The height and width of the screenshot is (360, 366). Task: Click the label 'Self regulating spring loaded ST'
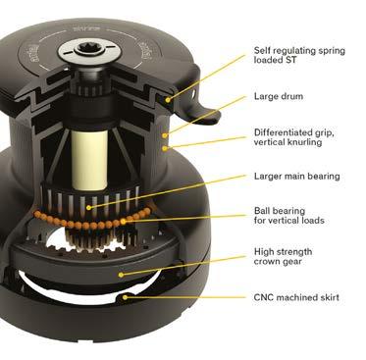(299, 55)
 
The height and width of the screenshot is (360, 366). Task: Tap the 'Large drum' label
(279, 96)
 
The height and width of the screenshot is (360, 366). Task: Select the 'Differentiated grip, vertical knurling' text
(294, 137)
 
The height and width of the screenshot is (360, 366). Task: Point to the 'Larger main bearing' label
(297, 177)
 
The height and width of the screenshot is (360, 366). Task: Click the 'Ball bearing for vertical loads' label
(289, 216)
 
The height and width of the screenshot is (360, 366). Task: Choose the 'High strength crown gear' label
(283, 257)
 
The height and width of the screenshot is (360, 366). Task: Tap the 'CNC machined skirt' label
(296, 297)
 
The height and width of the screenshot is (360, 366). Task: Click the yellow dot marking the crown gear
(121, 275)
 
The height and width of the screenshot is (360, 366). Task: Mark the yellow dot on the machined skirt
(125, 297)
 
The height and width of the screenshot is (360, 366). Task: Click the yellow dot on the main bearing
(88, 207)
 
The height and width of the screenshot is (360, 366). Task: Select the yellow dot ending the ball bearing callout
(123, 222)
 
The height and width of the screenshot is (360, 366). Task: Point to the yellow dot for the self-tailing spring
(168, 99)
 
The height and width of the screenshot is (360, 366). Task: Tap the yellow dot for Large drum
(165, 135)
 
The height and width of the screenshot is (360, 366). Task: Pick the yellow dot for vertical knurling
(165, 148)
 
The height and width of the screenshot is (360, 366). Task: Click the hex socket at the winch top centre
(88, 49)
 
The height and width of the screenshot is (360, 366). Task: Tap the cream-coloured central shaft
(89, 160)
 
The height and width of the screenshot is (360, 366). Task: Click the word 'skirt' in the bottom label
(328, 297)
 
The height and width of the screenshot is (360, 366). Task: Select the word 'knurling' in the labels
(305, 142)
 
